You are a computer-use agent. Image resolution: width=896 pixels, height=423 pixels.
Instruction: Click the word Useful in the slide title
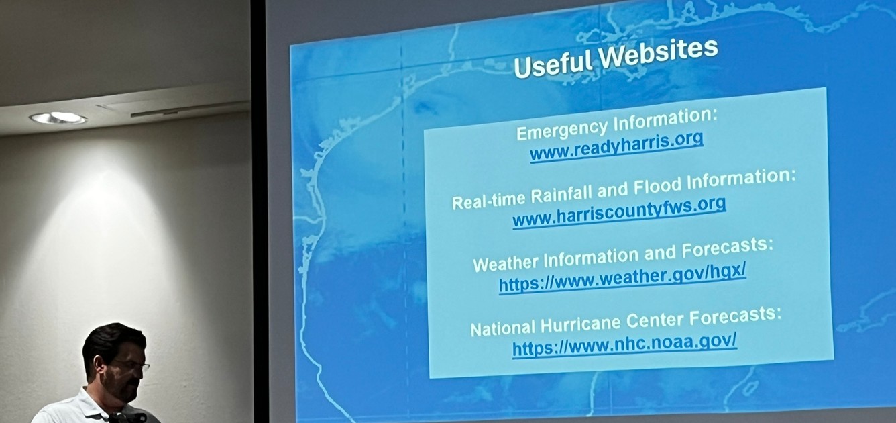(553, 64)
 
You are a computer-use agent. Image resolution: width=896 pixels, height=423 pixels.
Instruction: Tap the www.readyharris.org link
(616, 146)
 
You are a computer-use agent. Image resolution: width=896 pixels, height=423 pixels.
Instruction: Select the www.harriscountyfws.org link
(619, 212)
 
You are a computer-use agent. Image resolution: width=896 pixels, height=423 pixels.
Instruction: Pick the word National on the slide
(503, 329)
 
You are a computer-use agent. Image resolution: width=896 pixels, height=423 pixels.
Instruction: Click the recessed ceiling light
(58, 117)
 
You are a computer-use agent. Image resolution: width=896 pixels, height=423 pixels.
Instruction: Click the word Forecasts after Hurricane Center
(735, 316)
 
